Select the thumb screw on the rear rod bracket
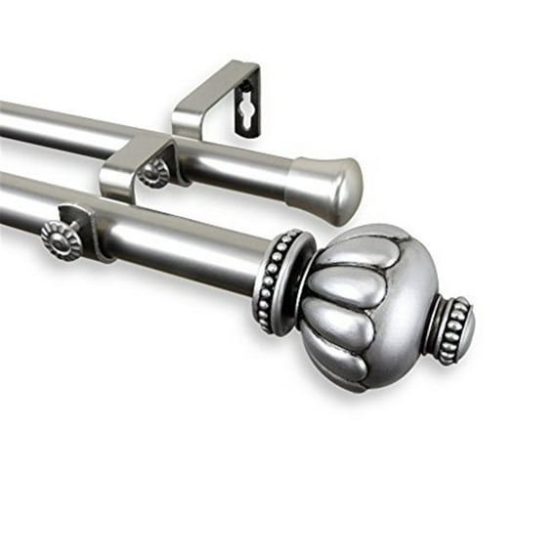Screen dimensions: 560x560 [x=152, y=174]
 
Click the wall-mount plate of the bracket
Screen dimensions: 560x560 [x=247, y=98]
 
